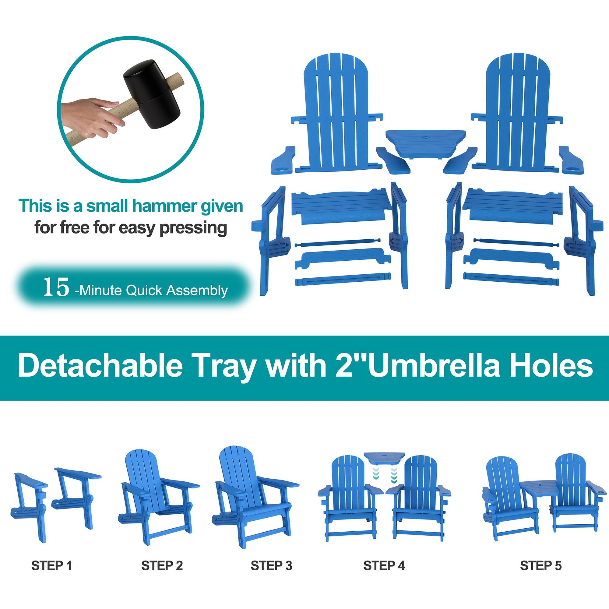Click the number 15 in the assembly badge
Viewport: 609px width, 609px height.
tap(56, 287)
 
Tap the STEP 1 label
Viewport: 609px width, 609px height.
tap(52, 566)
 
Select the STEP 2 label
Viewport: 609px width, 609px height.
tap(162, 566)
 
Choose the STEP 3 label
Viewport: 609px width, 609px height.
tap(271, 566)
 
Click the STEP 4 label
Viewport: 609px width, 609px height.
tap(384, 566)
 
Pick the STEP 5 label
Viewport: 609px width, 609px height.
tap(541, 566)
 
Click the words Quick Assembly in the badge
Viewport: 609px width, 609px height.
tap(177, 290)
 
